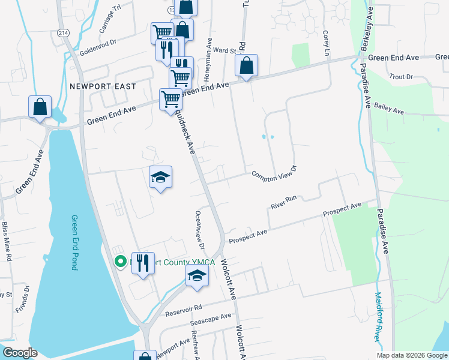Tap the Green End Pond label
74,242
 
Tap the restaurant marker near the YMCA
143,263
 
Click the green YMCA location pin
120,261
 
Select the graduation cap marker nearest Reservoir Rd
196,277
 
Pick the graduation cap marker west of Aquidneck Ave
160,177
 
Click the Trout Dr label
401,77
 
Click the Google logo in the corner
19,353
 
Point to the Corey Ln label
327,44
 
